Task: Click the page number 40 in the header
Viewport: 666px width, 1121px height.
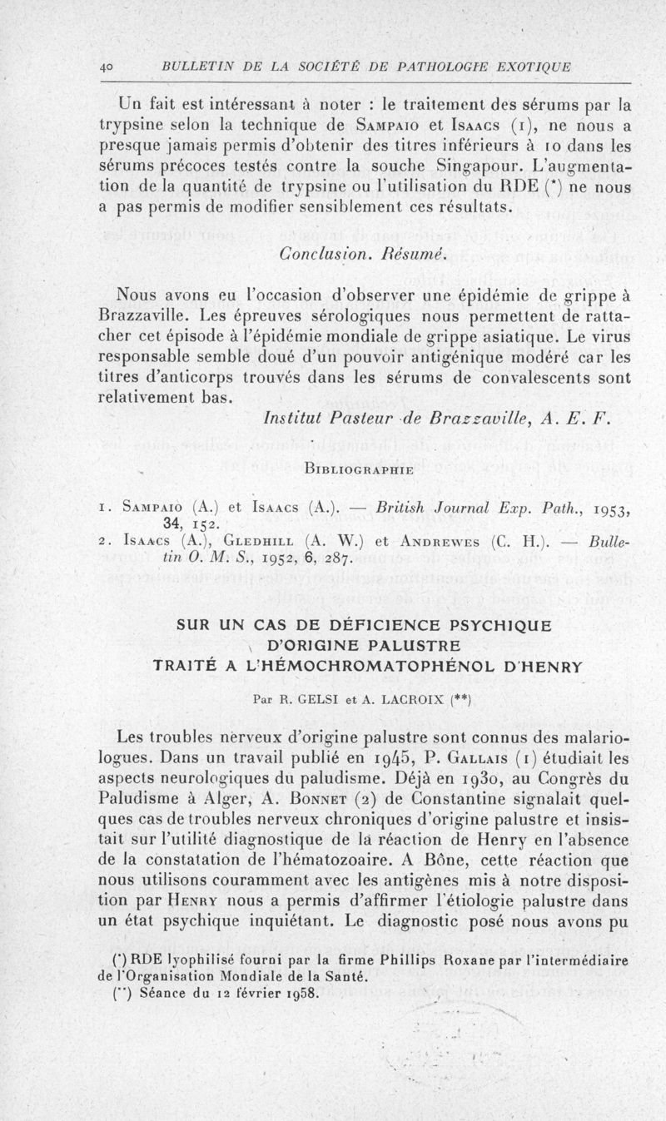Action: coord(107,67)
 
